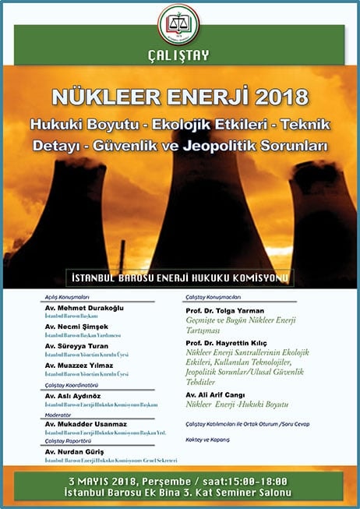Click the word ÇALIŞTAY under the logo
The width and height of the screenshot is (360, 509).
(x=180, y=56)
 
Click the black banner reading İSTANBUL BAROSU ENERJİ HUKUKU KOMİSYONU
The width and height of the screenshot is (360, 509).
(x=180, y=277)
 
